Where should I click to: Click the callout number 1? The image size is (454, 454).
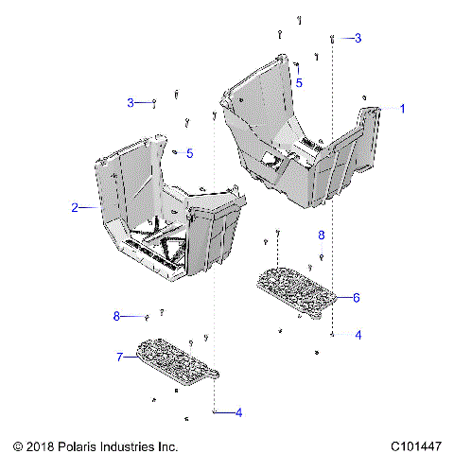401,109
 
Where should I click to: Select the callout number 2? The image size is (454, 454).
74,206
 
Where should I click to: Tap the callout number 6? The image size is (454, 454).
356,297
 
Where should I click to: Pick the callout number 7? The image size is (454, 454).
120,357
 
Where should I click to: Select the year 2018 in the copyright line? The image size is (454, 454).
39,445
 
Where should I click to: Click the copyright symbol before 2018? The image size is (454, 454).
17,445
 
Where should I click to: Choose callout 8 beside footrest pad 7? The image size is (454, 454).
117,316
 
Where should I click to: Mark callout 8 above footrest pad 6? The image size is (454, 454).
321,235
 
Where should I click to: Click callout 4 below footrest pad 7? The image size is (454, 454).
238,412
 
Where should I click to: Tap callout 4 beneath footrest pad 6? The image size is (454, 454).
358,335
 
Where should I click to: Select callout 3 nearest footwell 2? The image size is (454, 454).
131,102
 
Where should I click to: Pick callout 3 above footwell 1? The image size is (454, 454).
358,38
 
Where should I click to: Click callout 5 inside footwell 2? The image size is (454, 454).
189,153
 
